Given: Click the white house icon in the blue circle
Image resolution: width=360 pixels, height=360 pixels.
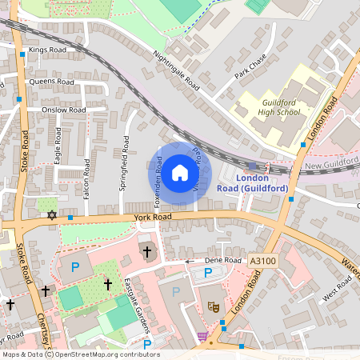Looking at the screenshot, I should tap(180, 172).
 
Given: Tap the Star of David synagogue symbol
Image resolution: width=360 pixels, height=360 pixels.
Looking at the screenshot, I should tap(52, 215).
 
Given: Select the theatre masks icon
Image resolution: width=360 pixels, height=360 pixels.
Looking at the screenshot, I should tap(214, 306).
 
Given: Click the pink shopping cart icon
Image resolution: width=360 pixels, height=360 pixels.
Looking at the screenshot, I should tap(202, 336).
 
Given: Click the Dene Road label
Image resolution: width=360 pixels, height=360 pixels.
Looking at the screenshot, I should tap(222, 260).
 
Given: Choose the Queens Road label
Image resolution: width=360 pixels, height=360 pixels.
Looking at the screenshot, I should tap(51, 82).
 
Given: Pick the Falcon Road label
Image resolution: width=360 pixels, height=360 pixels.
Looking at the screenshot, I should tap(86, 181).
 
